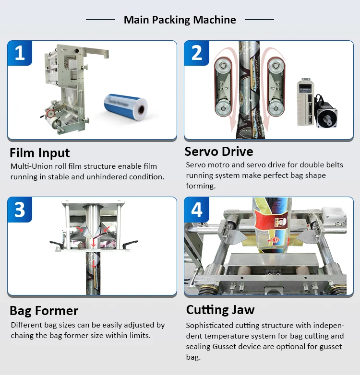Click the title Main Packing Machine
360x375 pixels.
tap(180, 20)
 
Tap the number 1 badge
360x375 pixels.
tap(20, 53)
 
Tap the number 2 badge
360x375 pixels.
tap(196, 53)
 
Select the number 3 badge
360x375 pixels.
tap(20, 210)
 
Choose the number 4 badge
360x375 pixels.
tap(196, 210)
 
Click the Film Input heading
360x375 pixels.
tap(40, 153)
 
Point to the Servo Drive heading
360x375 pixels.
tap(219, 152)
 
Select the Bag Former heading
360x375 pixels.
tap(44, 310)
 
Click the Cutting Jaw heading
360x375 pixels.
tap(220, 309)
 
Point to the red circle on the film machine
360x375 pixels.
tap(50, 114)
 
